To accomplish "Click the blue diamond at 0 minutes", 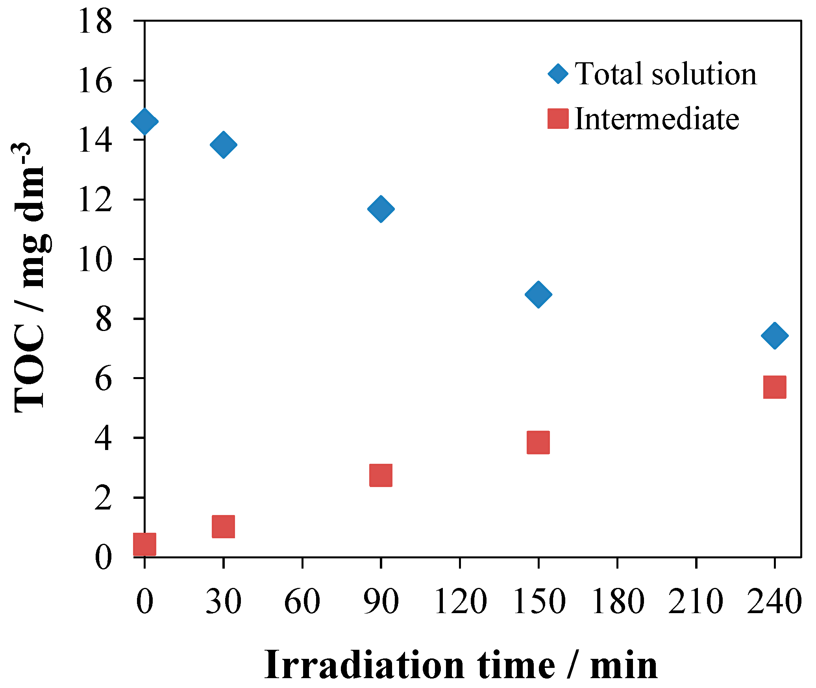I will pos(144,121).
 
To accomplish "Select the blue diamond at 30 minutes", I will pos(224,145).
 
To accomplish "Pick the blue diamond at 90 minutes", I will pos(381,208).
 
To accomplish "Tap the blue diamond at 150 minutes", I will pos(538,294).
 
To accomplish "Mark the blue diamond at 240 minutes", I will pos(775,335).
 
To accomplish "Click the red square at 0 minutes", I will pos(144,544).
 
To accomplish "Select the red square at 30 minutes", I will pos(224,526).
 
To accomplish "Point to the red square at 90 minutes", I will pos(381,475).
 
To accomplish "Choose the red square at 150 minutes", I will pos(538,442).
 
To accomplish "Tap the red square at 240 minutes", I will pos(775,387).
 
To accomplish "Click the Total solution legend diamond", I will pos(558,74).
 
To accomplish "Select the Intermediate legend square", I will pos(558,119).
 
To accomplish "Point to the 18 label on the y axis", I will pos(95,22).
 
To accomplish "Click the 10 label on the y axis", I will pos(95,260).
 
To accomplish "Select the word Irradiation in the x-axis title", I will pos(365,666).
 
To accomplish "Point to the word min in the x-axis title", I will pos(624,666).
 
